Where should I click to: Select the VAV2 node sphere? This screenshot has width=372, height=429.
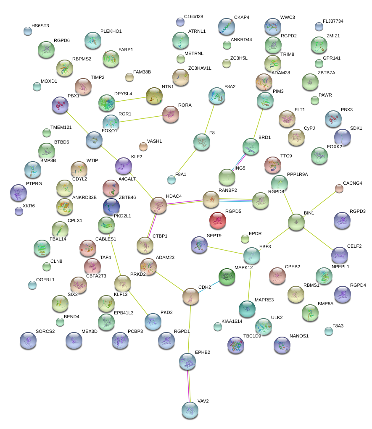(190, 409)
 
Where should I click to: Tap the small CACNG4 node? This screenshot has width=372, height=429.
(339, 188)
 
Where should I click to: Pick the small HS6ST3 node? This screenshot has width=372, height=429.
(28, 31)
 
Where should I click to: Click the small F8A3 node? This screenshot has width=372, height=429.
(329, 331)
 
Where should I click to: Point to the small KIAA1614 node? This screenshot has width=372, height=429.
(217, 327)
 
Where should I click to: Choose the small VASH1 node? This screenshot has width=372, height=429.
(143, 146)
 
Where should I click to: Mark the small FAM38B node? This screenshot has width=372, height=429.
(129, 77)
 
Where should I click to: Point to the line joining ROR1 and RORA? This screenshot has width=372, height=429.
(141, 118)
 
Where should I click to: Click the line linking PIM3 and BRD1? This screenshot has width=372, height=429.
(258, 124)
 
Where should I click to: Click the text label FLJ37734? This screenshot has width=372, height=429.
(333, 21)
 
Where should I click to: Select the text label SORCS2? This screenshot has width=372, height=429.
(45, 331)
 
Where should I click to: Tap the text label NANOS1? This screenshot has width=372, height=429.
(299, 336)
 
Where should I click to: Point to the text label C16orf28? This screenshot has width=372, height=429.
(194, 16)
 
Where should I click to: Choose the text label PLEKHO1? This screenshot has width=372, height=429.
(111, 31)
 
